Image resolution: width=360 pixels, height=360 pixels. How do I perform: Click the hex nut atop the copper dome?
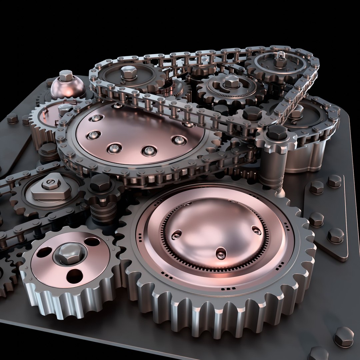pos(66,76)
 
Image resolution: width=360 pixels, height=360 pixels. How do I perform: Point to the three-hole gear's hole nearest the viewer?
pos(74,276)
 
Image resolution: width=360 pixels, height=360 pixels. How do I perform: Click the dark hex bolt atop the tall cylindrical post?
pos(277,132)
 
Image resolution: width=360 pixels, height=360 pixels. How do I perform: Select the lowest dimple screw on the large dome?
pos(220,253)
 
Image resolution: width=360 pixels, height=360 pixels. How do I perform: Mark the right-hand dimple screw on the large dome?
pos(256,230)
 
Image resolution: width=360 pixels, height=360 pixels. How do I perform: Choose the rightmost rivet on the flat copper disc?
pos(179,140)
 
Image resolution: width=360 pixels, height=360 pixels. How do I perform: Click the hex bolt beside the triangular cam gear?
pos(100,183)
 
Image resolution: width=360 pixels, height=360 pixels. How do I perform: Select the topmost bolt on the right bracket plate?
pos(334,181)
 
